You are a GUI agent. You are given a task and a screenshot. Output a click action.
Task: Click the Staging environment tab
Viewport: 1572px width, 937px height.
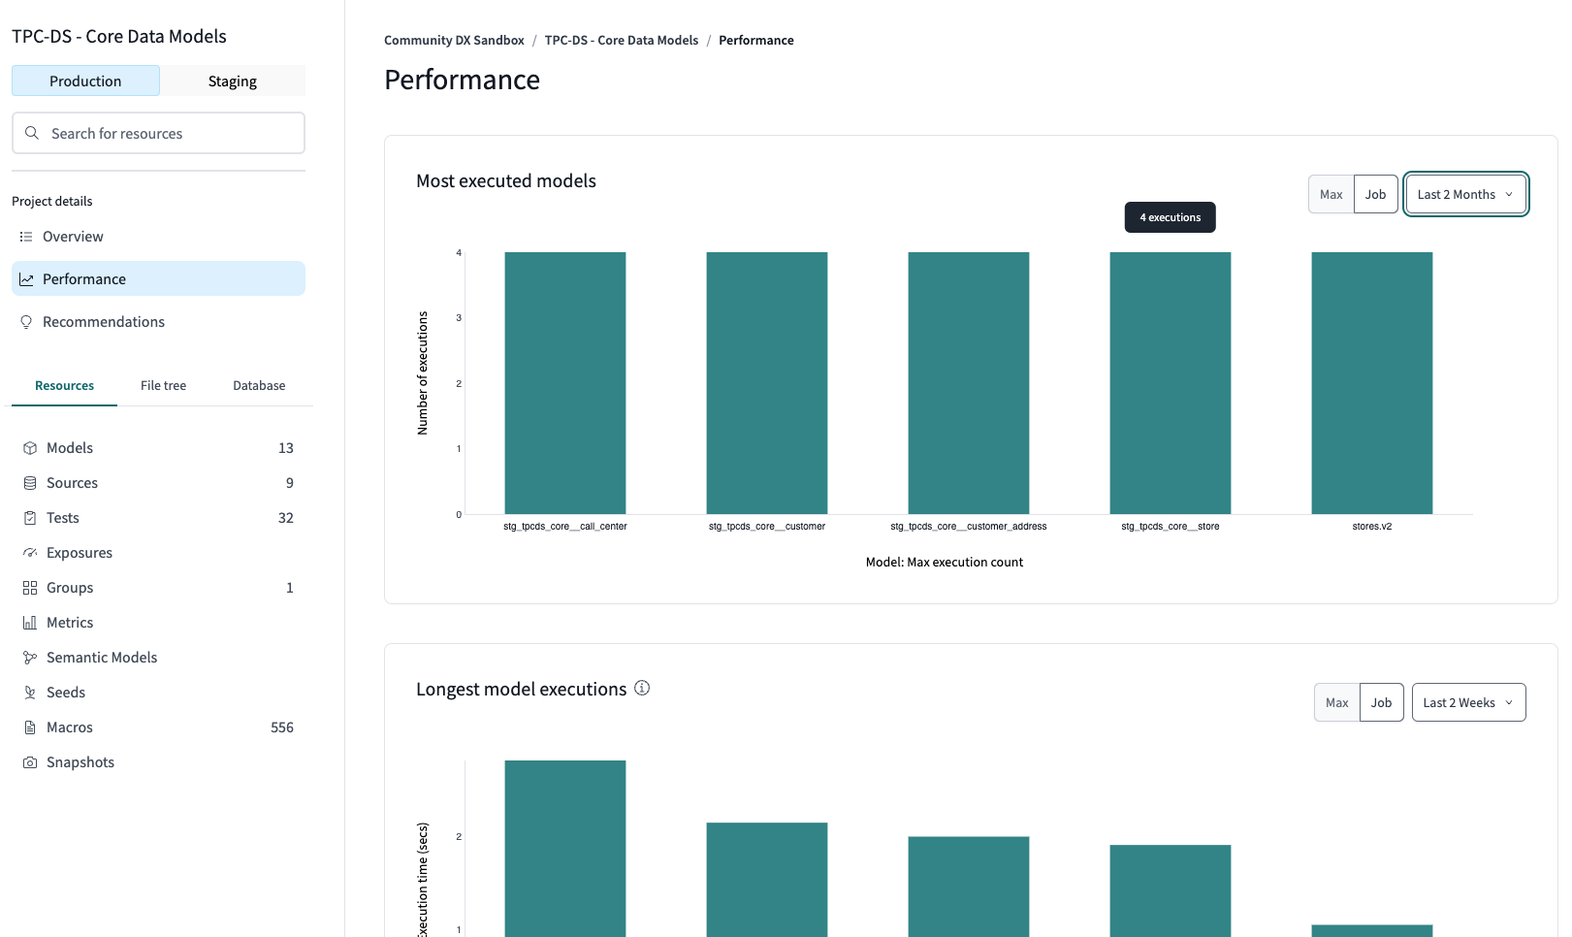point(233,81)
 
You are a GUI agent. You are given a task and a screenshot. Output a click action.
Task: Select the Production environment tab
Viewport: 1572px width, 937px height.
point(85,81)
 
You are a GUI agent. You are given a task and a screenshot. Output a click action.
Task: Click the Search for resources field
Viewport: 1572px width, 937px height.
point(158,134)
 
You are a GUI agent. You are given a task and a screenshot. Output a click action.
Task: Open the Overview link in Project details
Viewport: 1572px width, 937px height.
point(73,237)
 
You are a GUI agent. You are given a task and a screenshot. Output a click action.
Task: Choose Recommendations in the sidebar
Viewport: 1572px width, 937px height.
point(103,322)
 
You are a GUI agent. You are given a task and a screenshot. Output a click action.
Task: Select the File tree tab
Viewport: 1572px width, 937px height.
point(163,386)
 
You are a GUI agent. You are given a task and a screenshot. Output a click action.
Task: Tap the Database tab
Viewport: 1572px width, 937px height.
point(259,386)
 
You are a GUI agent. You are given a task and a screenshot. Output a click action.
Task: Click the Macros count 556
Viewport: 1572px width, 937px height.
point(282,727)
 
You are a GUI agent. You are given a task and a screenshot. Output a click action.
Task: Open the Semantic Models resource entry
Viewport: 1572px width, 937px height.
point(102,658)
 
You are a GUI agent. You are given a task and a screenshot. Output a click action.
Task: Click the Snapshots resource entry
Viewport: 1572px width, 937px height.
point(80,762)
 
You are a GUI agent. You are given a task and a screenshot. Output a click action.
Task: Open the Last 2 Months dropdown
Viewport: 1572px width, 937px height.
point(1465,195)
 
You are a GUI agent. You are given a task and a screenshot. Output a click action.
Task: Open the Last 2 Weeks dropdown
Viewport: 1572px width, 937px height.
point(1468,703)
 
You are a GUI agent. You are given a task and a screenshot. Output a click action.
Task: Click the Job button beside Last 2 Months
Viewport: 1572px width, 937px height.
point(1375,195)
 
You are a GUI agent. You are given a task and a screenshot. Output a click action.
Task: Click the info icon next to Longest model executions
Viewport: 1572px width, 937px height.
point(642,689)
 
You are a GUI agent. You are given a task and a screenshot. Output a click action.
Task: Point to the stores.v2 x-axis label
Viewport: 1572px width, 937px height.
point(1371,527)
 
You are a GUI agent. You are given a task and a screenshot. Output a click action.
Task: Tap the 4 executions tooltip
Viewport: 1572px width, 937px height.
point(1170,218)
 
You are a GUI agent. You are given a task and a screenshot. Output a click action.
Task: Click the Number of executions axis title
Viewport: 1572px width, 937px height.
point(423,372)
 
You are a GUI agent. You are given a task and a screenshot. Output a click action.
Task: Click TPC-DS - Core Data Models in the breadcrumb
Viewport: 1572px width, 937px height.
point(622,41)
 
